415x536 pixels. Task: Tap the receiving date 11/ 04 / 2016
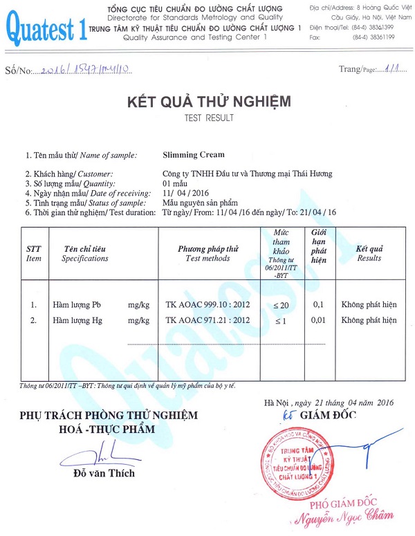(x=186, y=193)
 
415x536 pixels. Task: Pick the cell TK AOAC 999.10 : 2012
(x=207, y=304)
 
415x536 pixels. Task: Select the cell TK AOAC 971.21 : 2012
(x=207, y=320)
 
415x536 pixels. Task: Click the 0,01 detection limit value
(x=318, y=320)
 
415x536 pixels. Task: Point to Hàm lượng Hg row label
(x=77, y=320)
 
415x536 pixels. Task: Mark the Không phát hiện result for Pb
(x=369, y=304)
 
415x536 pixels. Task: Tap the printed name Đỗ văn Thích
(x=104, y=474)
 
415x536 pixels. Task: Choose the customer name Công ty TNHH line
(x=237, y=174)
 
